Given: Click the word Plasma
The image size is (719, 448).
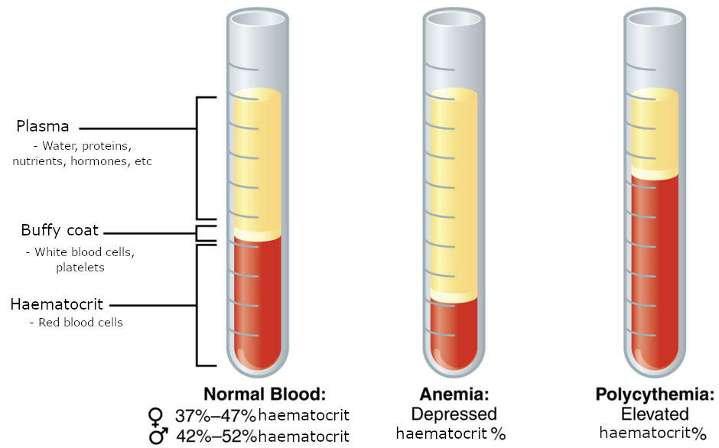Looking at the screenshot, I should tap(42, 126).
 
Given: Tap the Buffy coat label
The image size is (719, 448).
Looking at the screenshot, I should tap(60, 230).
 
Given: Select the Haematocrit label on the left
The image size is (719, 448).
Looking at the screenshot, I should tap(57, 304).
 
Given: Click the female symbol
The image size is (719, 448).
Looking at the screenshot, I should tap(156, 417).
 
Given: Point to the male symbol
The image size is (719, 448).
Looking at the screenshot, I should tap(158, 436).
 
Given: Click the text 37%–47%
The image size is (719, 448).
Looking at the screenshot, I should tap(216, 417).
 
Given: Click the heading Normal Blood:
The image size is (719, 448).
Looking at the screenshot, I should tap(265, 395).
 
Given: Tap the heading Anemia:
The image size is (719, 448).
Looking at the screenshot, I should tap(454, 395).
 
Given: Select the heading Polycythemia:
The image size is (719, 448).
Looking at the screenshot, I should tap(655, 395).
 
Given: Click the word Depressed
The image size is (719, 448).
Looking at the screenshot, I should tap(454, 414).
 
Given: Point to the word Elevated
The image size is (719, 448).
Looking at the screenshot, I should tap(655, 414).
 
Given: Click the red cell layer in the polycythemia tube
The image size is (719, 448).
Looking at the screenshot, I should tap(655, 268).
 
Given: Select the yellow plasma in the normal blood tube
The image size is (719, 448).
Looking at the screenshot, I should tap(257, 161).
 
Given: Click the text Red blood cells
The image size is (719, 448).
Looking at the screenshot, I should tap(76, 323).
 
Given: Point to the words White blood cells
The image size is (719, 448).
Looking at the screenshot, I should tap(85, 252).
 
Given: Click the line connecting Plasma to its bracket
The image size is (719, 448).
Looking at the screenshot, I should tap(138, 128).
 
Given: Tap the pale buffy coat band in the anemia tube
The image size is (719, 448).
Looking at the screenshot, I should tap(453, 297).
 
